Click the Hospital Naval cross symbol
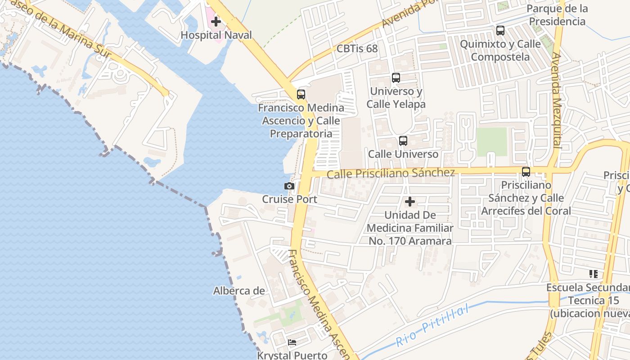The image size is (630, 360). [216, 21]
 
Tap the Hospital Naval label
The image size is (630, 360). [216, 35]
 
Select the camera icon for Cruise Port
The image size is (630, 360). [289, 186]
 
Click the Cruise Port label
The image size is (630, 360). [289, 199]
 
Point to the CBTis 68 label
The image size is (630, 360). [357, 49]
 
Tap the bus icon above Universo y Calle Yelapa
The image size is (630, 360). [396, 78]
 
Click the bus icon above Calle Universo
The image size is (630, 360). [403, 141]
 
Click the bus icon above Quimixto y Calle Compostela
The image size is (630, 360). [500, 31]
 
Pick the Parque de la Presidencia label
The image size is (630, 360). [557, 15]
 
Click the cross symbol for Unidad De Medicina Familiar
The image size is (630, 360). [410, 202]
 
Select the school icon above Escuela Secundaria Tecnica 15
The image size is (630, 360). [593, 274]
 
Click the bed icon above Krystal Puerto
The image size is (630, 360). [292, 342]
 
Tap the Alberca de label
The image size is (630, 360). [239, 291]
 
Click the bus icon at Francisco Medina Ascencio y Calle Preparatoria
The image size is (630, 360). [301, 94]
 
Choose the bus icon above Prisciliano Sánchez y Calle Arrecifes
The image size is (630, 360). [526, 171]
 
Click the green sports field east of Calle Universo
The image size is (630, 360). [492, 141]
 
